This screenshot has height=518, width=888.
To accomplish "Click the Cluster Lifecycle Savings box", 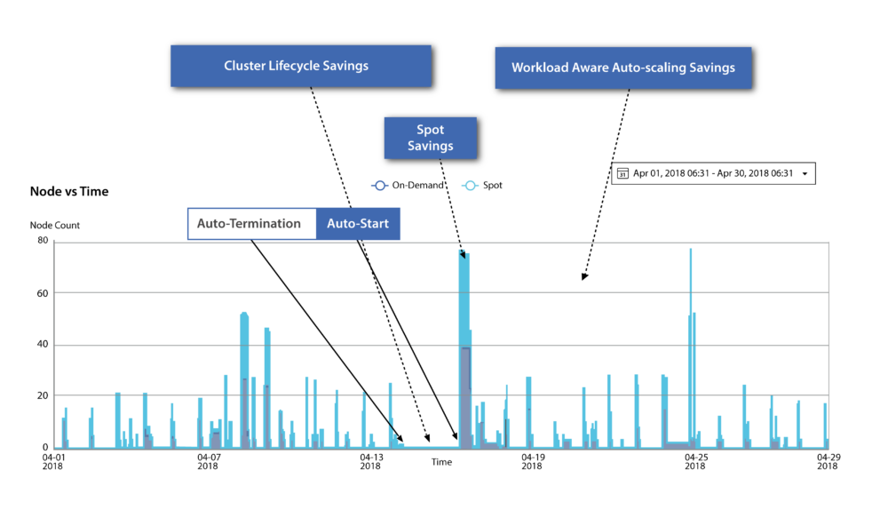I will point(300,66).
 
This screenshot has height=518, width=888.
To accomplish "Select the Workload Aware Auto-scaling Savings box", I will point(622,68).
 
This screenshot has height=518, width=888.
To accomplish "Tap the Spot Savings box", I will point(430,138).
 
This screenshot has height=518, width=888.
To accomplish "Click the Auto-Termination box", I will point(250,224).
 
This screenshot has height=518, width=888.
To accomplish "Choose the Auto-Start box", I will point(358,224).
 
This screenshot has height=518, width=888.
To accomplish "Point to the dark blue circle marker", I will point(379,186).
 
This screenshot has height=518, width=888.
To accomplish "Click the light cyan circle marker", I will point(470,186).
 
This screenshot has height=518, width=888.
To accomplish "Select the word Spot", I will point(431,130).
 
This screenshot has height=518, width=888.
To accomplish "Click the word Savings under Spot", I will point(431,146).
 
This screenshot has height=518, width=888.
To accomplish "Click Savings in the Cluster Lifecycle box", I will point(346,66).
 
